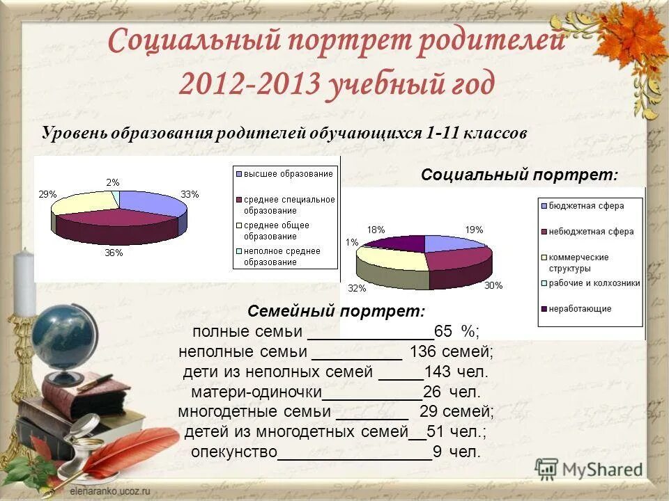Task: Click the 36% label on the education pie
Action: click(x=114, y=253)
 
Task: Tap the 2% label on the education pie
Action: click(x=112, y=182)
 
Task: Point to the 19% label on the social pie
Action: click(x=474, y=229)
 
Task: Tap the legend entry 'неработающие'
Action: click(x=579, y=308)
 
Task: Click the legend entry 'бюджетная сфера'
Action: click(x=585, y=206)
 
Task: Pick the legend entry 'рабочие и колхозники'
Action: click(x=593, y=283)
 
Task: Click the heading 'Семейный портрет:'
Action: click(x=336, y=311)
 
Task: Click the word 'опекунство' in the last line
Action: click(x=233, y=452)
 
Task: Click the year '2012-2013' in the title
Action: click(x=248, y=83)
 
